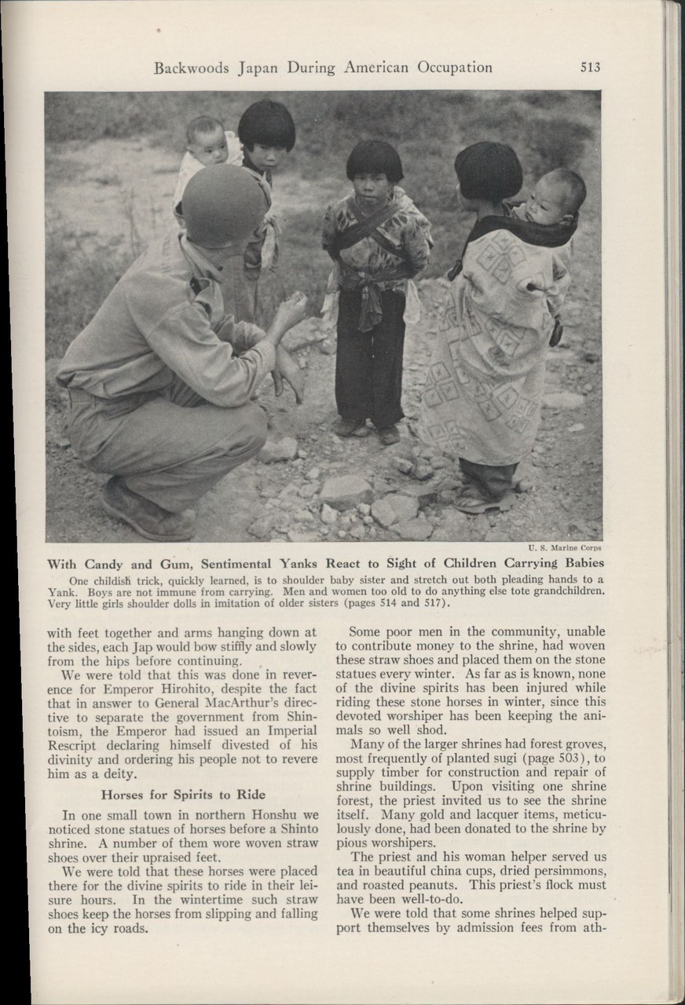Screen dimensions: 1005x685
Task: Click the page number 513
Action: point(590,68)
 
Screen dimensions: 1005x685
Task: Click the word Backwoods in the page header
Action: point(191,68)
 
